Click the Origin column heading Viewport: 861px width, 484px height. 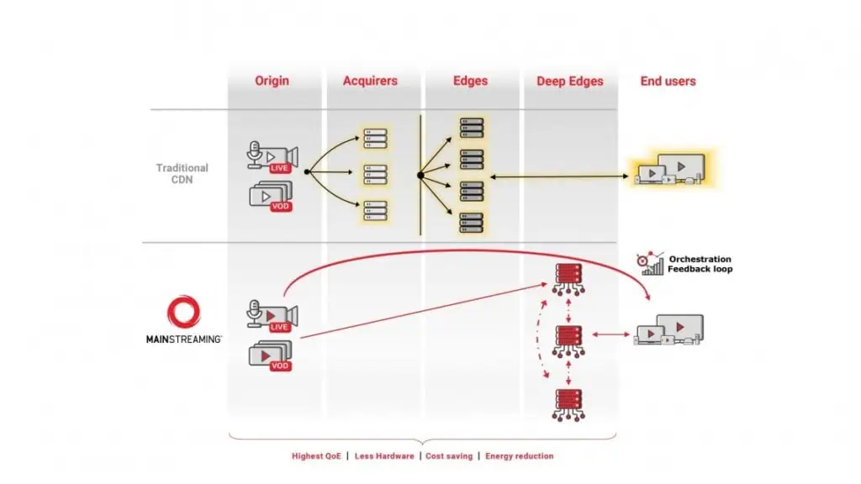pyautogui.click(x=272, y=81)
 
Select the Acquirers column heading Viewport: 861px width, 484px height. pyautogui.click(x=370, y=81)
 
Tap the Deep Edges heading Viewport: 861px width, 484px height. pyautogui.click(x=570, y=82)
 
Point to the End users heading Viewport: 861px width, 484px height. pyautogui.click(x=668, y=82)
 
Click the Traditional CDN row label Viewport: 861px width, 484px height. pyautogui.click(x=182, y=173)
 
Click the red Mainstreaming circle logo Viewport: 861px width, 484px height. pyautogui.click(x=183, y=312)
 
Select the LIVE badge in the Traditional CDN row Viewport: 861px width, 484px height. pyautogui.click(x=279, y=168)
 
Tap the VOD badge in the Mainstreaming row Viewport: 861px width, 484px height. pyautogui.click(x=280, y=366)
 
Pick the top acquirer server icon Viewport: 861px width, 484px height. pyautogui.click(x=376, y=139)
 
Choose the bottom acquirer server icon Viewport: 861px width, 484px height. pyautogui.click(x=376, y=211)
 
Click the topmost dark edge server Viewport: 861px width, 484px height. pyautogui.click(x=472, y=128)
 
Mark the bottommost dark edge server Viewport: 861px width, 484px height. pyautogui.click(x=472, y=223)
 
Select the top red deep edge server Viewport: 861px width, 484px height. pyautogui.click(x=568, y=280)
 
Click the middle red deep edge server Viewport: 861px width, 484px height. pyautogui.click(x=568, y=342)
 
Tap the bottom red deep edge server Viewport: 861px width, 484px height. pyautogui.click(x=568, y=405)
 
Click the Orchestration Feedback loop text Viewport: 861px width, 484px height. pyautogui.click(x=700, y=264)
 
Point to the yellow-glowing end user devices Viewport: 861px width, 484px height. pyautogui.click(x=670, y=169)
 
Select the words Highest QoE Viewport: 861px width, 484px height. pyautogui.click(x=316, y=456)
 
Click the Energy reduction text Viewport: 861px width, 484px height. pyautogui.click(x=520, y=456)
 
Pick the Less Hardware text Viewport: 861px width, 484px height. pyautogui.click(x=384, y=456)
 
